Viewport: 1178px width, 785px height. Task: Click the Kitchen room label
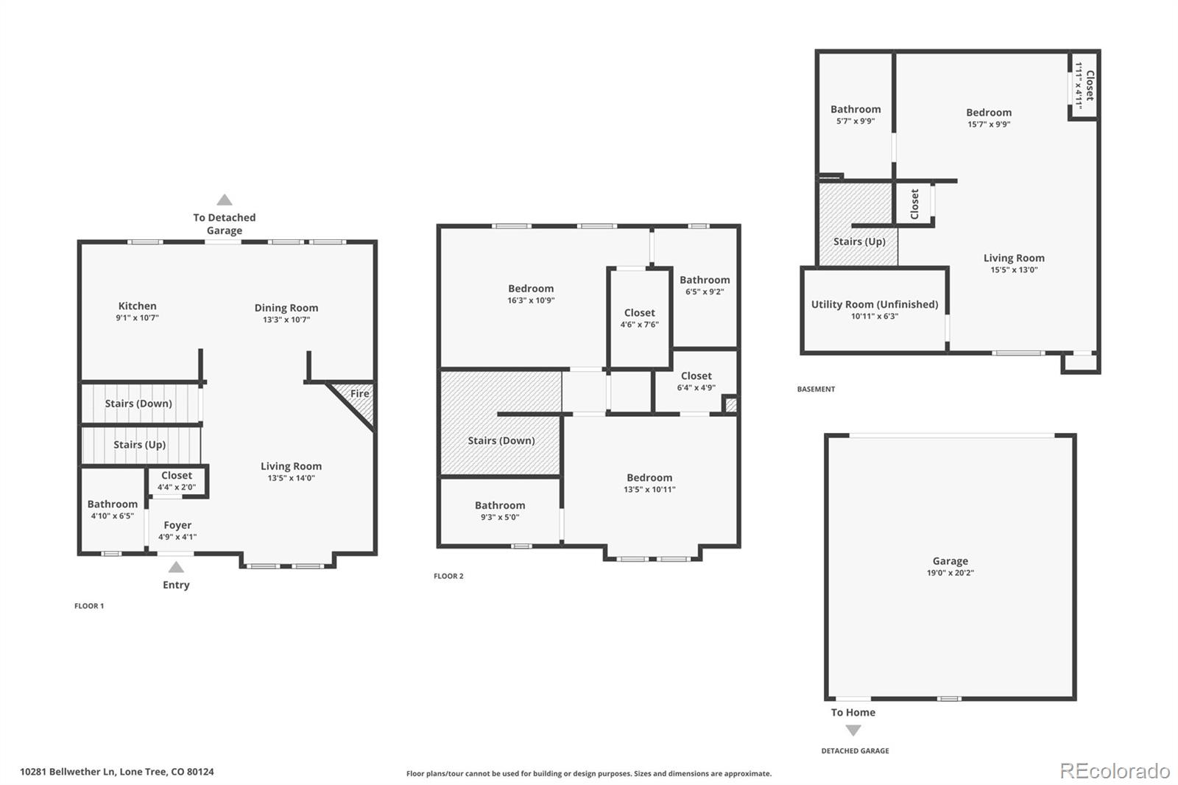click(x=137, y=306)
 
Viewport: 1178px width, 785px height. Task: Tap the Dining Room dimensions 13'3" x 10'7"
click(x=286, y=320)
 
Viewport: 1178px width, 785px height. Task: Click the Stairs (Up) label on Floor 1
click(x=139, y=445)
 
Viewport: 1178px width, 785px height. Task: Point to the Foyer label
click(x=177, y=525)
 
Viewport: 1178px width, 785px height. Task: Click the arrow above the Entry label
click(x=176, y=567)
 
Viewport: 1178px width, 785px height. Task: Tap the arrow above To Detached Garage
click(x=225, y=200)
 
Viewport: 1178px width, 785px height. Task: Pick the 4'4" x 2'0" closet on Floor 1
click(x=177, y=481)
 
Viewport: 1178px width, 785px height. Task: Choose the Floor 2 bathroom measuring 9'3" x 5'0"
click(x=500, y=510)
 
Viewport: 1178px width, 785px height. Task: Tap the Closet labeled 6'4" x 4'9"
click(x=696, y=381)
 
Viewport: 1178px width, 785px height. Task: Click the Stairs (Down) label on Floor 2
click(x=501, y=440)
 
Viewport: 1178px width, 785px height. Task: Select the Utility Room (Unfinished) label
click(x=875, y=304)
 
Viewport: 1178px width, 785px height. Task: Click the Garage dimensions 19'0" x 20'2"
click(x=950, y=573)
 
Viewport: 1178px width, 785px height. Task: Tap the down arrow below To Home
click(x=853, y=731)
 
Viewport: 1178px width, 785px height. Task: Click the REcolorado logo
click(x=1115, y=770)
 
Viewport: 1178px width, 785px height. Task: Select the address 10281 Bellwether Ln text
click(x=117, y=772)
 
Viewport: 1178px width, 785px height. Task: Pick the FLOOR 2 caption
click(x=448, y=576)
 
